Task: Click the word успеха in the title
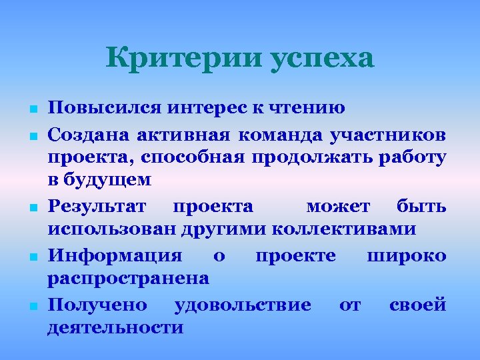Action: [x=322, y=60]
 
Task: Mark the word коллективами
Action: [x=345, y=229]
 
